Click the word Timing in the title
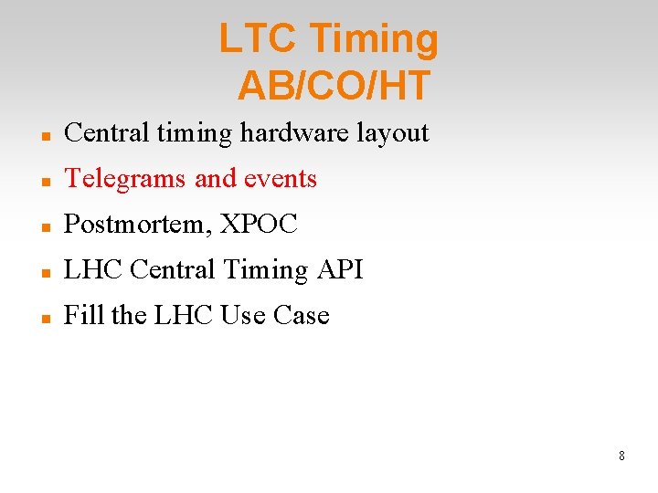point(375,40)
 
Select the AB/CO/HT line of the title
point(334,86)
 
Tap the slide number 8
point(621,456)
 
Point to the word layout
point(392,133)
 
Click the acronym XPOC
point(259,225)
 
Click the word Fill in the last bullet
point(83,316)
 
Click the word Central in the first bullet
point(106,133)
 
